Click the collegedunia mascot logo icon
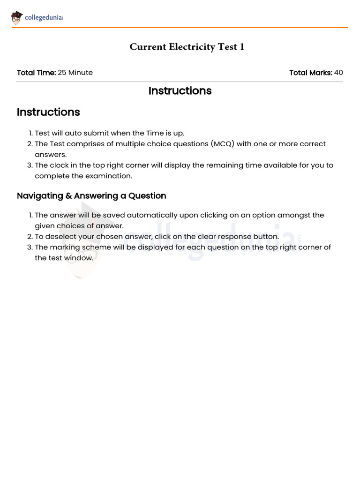[x=17, y=18]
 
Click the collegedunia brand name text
[x=44, y=18]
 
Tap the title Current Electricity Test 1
[x=187, y=47]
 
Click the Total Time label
[x=36, y=73]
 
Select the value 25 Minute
[x=75, y=73]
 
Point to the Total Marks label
[x=310, y=73]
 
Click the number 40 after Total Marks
[x=338, y=73]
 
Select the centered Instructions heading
[x=180, y=91]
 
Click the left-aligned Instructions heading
[x=48, y=112]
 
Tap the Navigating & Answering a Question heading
[x=91, y=196]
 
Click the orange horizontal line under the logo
[x=180, y=28]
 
